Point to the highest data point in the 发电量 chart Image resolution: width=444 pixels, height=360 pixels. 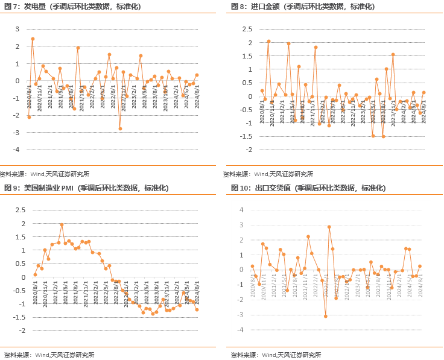33,39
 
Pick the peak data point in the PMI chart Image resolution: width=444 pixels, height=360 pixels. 62,224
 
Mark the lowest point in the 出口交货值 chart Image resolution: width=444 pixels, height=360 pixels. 325,316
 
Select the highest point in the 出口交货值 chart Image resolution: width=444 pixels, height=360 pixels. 329,227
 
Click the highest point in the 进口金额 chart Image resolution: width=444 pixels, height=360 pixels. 268,42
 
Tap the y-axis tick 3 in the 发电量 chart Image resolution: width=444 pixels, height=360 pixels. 17,29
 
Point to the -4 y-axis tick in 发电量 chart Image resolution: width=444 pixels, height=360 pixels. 16,150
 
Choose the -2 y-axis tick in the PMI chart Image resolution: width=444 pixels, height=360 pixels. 21,330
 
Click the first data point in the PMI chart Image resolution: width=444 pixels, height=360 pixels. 35,274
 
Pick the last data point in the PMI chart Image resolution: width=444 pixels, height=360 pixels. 197,309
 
